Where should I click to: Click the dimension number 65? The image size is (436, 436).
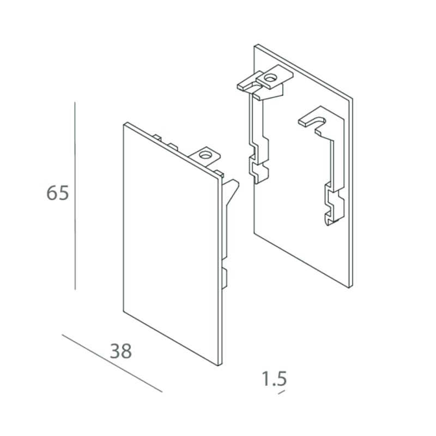pos(58,193)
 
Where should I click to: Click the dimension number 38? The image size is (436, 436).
pos(120,351)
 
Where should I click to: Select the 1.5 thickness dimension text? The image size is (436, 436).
pos(274,378)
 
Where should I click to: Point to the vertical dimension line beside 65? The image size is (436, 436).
pos(75,196)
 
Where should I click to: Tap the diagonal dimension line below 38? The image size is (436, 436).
pos(112,363)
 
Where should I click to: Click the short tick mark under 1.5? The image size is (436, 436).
pos(282,392)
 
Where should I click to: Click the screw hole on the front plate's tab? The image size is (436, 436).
pos(205,155)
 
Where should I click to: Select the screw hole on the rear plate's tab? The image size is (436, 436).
pos(270,78)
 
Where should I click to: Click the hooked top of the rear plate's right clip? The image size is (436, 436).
pos(313,119)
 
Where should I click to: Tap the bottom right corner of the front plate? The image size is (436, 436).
pos(220,365)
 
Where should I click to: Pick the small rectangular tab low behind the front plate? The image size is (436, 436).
pos(225,278)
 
